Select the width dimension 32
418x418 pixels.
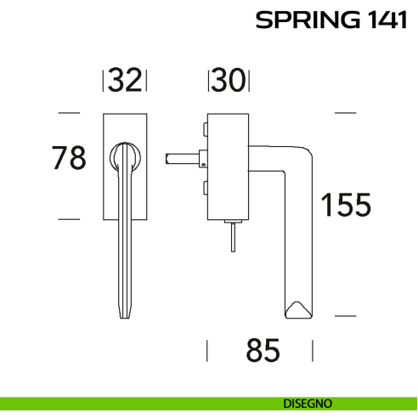[125, 81]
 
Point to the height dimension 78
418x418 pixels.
[69, 158]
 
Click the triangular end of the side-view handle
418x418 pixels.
[298, 310]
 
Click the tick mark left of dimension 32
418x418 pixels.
[104, 81]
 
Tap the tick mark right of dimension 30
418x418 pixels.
[248, 81]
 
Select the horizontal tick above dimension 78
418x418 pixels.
[69, 112]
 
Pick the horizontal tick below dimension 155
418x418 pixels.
[345, 315]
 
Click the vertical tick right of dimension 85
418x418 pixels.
[313, 351]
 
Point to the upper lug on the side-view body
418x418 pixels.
[205, 128]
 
